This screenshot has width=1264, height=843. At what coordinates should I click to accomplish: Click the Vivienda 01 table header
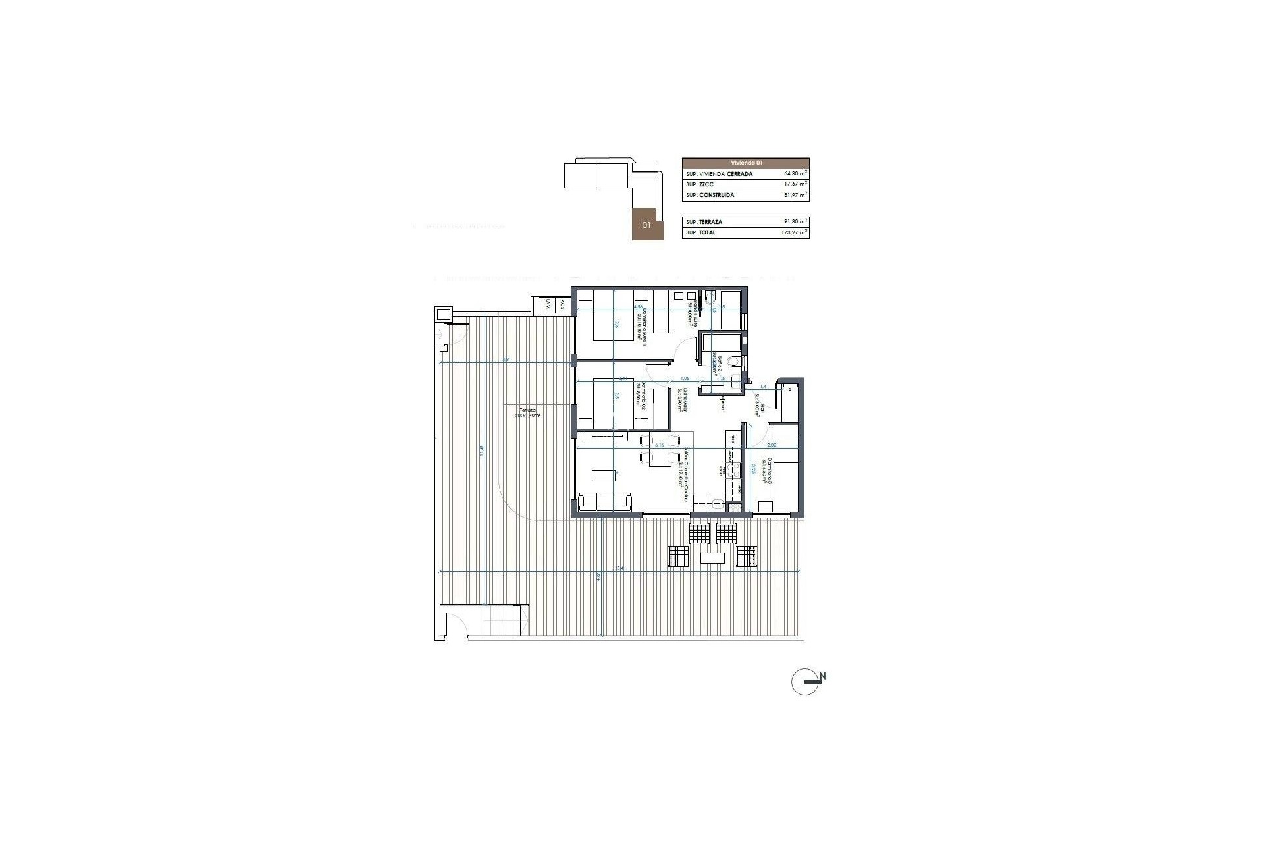745,162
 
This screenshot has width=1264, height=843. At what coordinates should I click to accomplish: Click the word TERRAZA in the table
711,222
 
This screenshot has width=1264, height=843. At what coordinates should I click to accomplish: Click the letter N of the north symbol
823,676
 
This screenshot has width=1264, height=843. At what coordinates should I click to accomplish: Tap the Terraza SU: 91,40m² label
527,412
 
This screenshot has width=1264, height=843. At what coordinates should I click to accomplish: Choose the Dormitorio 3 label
766,472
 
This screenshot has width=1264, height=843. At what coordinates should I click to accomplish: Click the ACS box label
562,304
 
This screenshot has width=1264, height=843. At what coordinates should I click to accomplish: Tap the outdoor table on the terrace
713,558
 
